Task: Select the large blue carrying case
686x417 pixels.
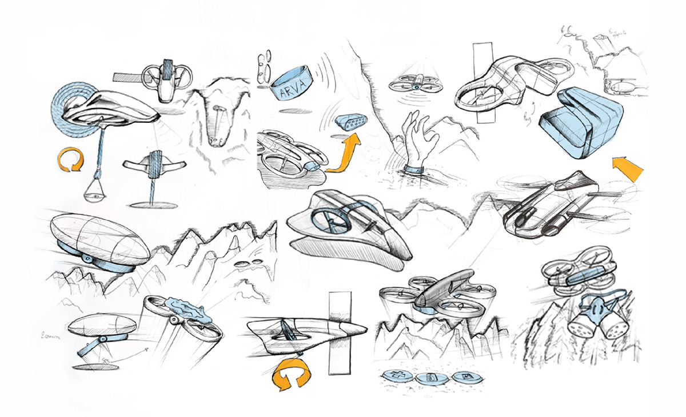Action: (578, 123)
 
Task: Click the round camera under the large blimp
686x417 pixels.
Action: (87, 259)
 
